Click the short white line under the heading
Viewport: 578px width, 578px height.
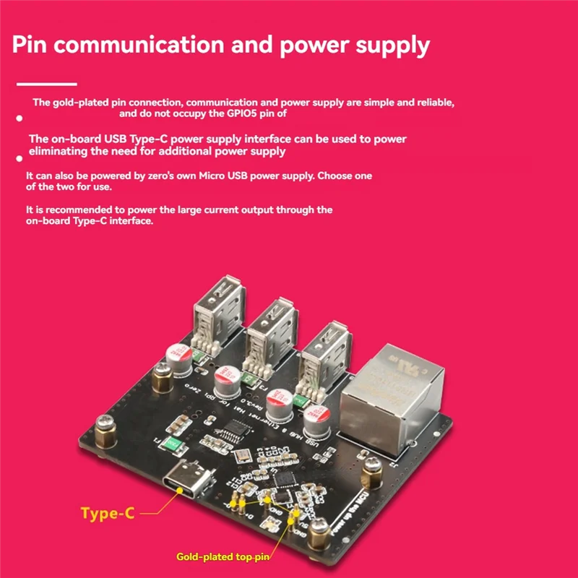(46, 85)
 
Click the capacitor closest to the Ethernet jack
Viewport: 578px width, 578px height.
(318, 422)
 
